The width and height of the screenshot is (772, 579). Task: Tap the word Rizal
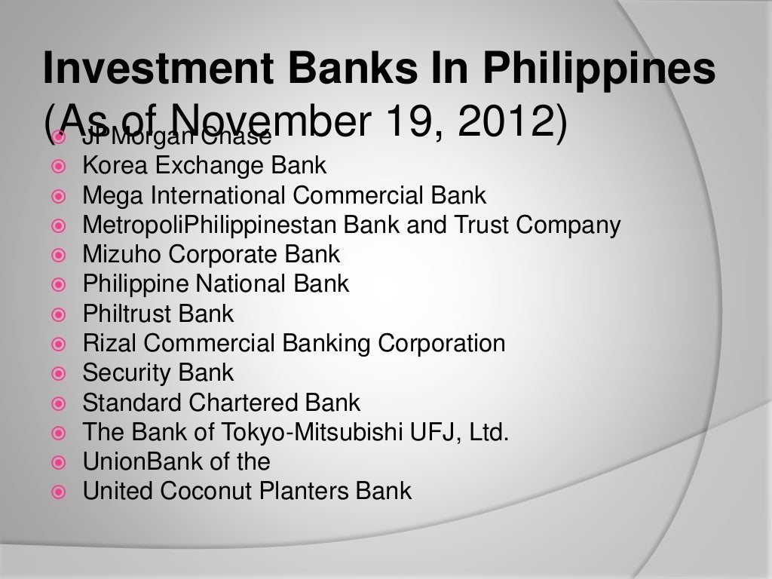pos(109,344)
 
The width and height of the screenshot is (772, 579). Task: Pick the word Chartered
pos(254,403)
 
